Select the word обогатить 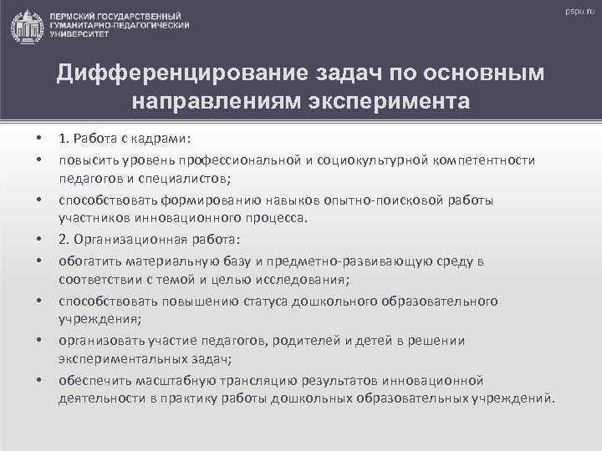(89, 261)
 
